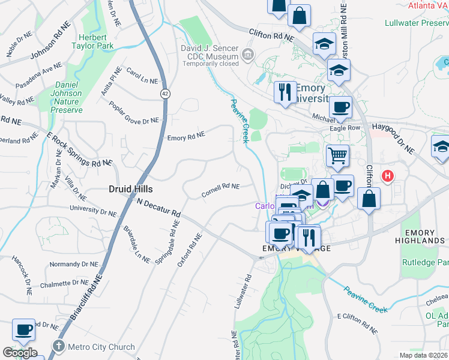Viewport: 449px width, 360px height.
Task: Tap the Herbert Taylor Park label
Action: (92, 40)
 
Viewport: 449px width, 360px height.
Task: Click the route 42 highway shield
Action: (164, 94)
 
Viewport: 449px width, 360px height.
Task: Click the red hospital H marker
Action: (388, 176)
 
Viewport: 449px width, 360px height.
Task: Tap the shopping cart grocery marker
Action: (337, 156)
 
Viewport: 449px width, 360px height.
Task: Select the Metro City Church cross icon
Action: (58, 346)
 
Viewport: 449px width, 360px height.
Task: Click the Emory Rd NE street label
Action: (186, 136)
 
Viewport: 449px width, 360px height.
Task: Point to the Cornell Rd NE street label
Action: (220, 190)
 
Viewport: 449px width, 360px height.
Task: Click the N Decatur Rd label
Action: (159, 208)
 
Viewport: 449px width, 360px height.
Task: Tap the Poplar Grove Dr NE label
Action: (133, 113)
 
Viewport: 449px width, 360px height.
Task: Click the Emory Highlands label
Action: (424, 236)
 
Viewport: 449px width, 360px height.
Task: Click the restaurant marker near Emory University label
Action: (284, 92)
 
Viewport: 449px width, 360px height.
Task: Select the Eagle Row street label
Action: (345, 128)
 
